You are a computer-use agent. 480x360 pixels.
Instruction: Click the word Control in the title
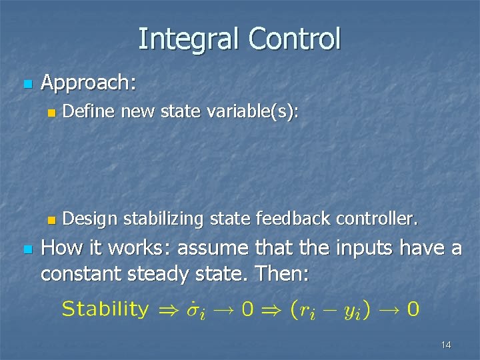pyautogui.click(x=294, y=39)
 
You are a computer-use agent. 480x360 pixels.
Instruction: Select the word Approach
pyautogui.click(x=88, y=83)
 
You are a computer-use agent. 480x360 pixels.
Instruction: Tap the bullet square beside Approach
pyautogui.click(x=27, y=85)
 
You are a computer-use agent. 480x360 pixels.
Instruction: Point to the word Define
pyautogui.click(x=91, y=112)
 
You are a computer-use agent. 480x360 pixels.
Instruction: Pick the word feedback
pyautogui.click(x=300, y=219)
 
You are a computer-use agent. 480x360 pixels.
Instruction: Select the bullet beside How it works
pyautogui.click(x=27, y=249)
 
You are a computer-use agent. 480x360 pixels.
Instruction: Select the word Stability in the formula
pyautogui.click(x=105, y=309)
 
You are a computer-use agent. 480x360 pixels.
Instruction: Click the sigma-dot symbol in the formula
pyautogui.click(x=195, y=309)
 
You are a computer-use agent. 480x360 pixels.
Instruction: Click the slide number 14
pyautogui.click(x=446, y=345)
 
